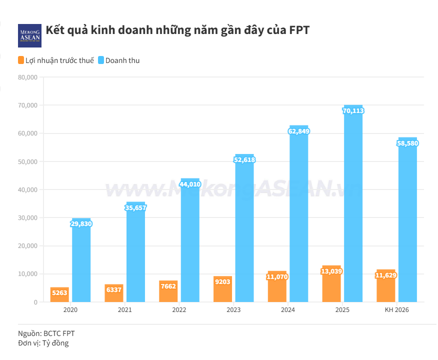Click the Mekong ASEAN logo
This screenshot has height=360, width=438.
pos(29,35)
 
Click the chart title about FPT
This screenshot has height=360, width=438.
pos(177,30)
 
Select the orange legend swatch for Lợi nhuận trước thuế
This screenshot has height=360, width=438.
pos(21,60)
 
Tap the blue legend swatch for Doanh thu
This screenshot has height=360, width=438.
pos(100,60)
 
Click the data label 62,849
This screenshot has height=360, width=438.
pos(298,131)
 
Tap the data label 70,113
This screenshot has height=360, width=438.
pos(353,110)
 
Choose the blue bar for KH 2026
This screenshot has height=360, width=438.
pos(407,225)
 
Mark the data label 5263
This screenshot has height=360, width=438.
pos(59,293)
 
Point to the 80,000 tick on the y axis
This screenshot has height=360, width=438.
pos(28,77)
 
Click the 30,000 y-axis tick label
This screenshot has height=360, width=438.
pos(28,218)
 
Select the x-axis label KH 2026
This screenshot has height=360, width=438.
pos(397,310)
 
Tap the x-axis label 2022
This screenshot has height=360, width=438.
pos(179,310)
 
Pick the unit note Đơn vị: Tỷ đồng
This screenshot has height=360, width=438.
pos(43,343)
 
